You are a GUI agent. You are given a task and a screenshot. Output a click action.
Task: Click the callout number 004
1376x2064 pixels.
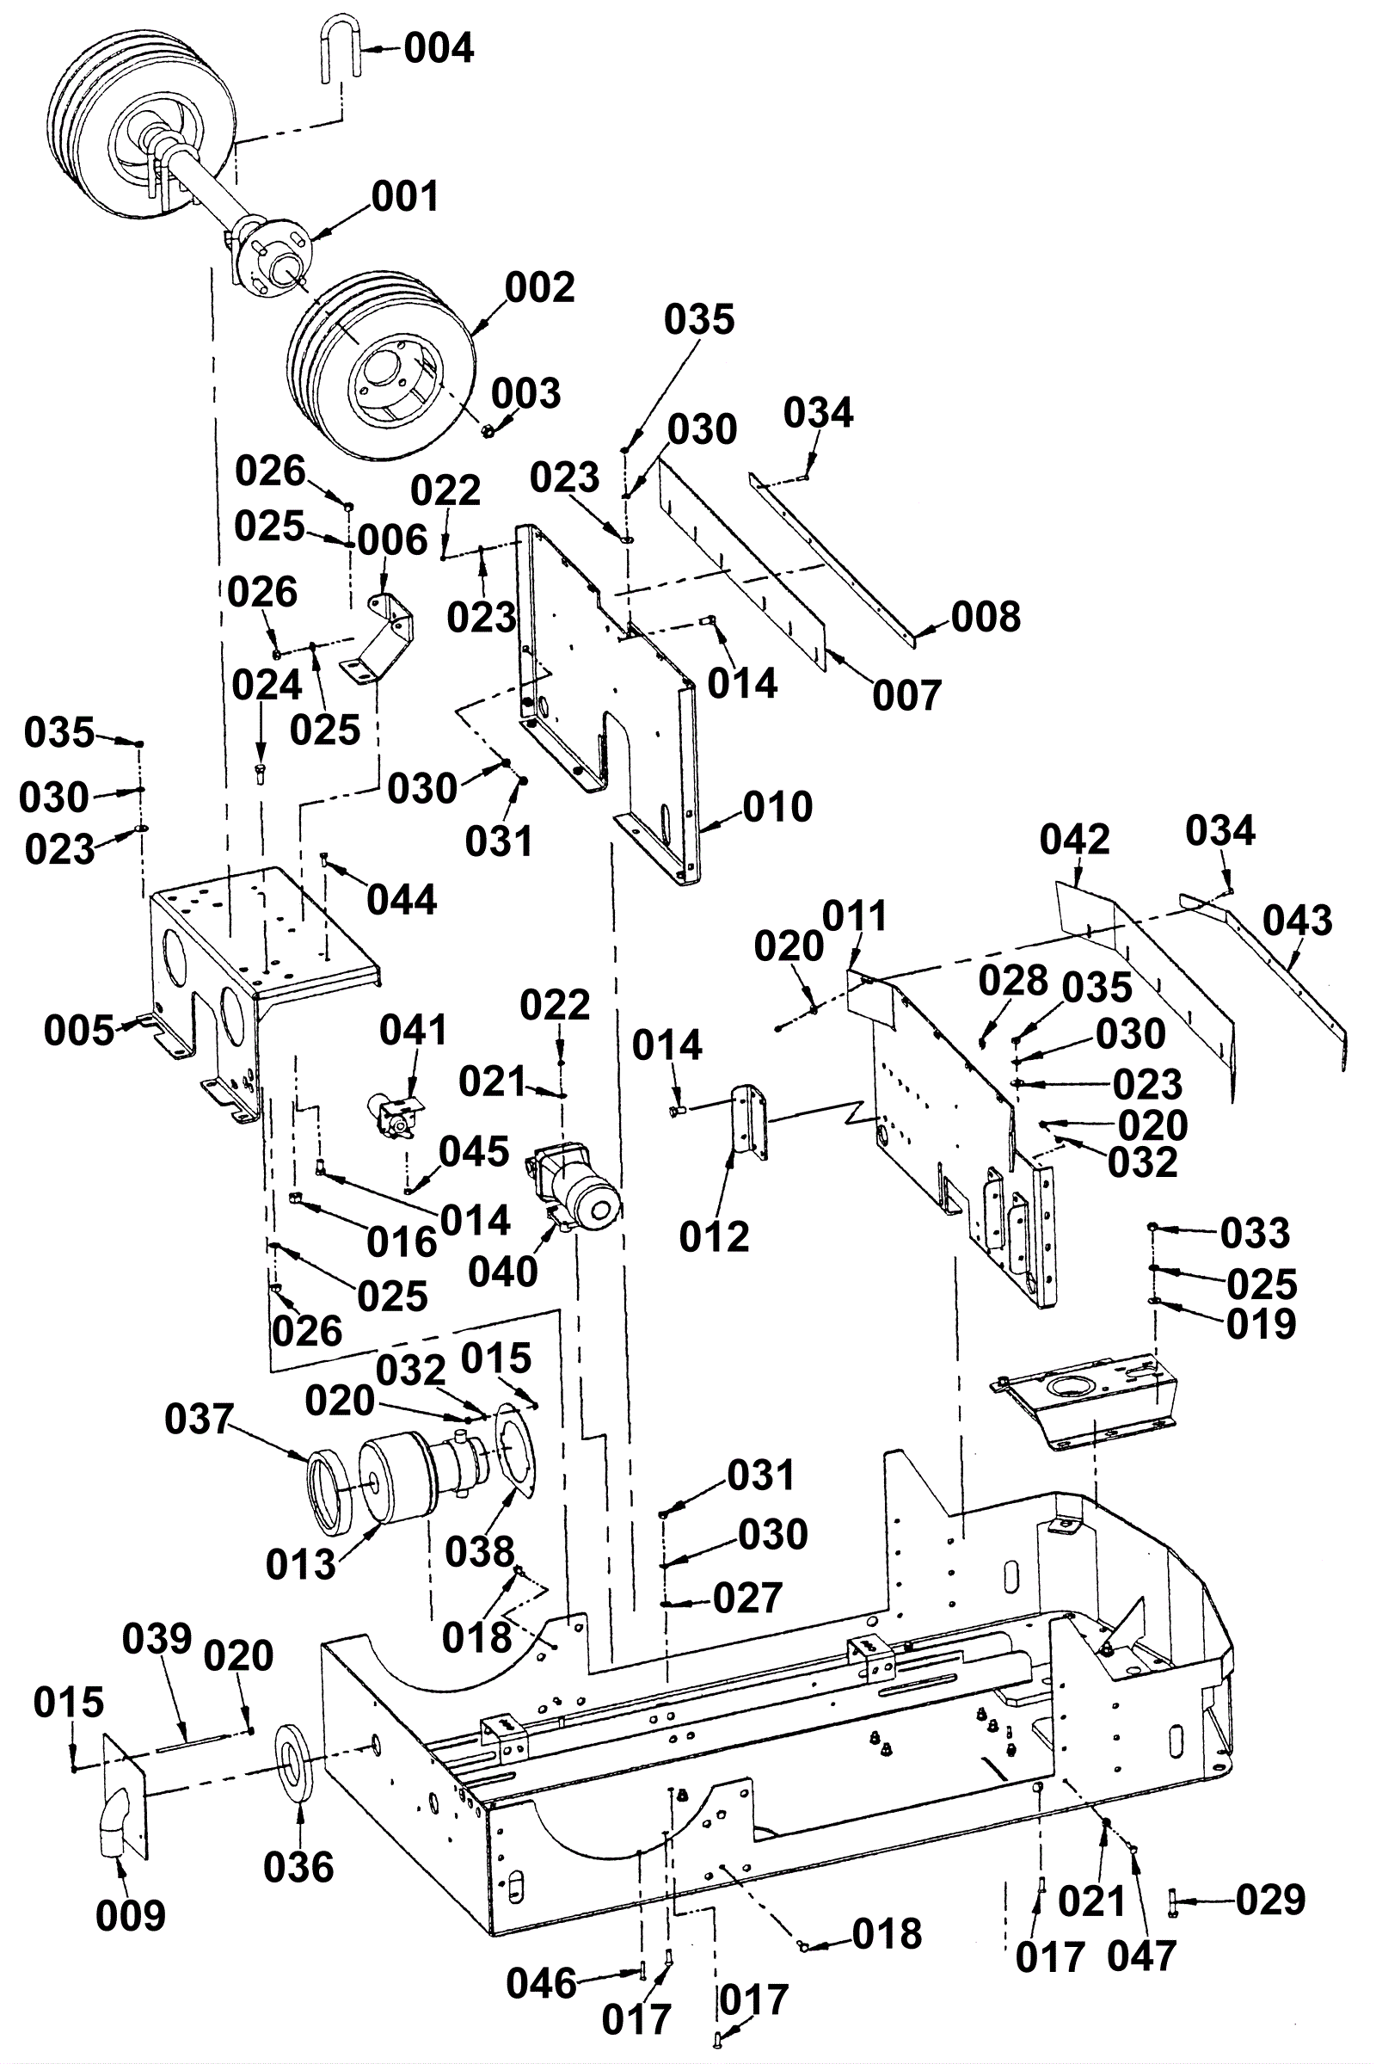tap(439, 47)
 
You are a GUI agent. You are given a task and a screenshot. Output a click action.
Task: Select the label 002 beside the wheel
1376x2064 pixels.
tap(540, 287)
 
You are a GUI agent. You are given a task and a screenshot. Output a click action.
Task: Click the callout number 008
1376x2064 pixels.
tap(986, 617)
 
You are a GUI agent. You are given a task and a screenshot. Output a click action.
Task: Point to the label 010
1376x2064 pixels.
tap(777, 807)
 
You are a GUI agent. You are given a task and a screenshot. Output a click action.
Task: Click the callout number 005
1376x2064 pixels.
tap(79, 1031)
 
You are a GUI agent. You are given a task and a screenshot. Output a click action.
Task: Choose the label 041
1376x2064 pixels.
tap(414, 1030)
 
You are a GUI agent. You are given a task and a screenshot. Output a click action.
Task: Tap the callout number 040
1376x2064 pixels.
tap(503, 1272)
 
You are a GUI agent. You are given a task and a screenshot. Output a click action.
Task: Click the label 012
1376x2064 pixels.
tap(715, 1237)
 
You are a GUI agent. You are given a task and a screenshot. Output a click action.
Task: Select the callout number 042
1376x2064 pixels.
tap(1075, 841)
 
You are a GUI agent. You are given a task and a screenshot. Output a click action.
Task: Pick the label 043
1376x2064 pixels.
tap(1298, 921)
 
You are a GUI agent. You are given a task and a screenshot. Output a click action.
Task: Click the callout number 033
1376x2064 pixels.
tap(1255, 1234)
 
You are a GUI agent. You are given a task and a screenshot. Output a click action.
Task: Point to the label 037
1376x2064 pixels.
tap(200, 1420)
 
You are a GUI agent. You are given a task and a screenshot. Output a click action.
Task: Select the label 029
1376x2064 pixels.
tap(1271, 1901)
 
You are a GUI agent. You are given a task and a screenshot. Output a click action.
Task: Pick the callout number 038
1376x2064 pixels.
tap(480, 1553)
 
